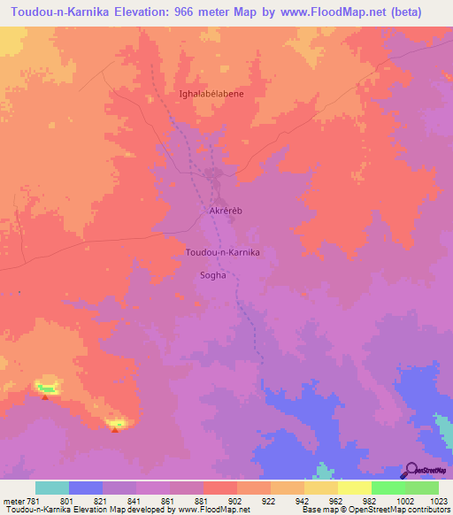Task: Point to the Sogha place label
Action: coord(213,274)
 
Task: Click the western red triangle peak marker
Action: coord(45,396)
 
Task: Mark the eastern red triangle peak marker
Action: coord(114,430)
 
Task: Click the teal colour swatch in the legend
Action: coord(52,488)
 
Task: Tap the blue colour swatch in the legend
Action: coord(86,488)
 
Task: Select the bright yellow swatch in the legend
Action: coord(354,488)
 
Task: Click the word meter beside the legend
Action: coord(12,501)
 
